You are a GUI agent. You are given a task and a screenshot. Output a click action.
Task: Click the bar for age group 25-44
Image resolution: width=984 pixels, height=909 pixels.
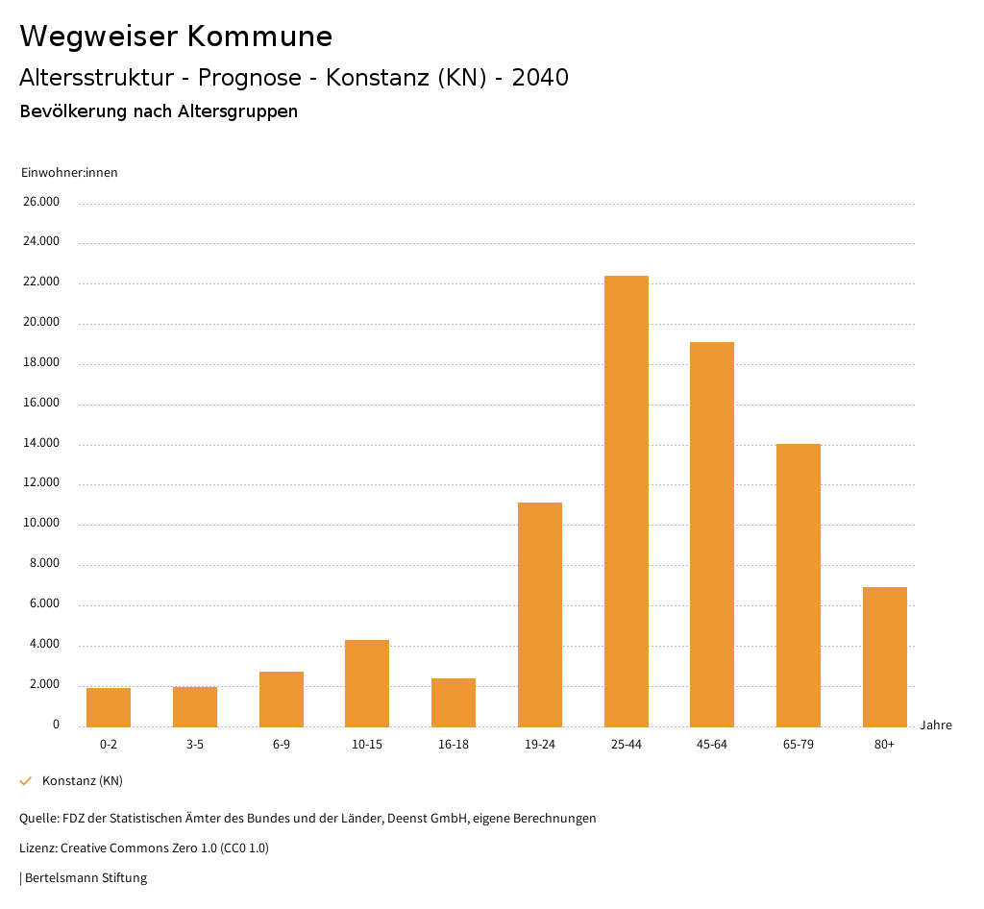click(x=626, y=501)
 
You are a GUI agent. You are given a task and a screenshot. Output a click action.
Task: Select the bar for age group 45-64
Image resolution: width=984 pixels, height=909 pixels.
click(x=712, y=534)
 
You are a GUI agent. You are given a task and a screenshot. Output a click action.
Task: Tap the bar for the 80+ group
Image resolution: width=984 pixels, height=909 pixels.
click(x=884, y=656)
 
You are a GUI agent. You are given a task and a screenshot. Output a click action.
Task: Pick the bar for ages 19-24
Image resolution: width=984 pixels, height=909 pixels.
click(x=540, y=614)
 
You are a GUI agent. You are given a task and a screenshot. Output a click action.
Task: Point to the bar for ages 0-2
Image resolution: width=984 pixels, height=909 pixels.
click(x=109, y=707)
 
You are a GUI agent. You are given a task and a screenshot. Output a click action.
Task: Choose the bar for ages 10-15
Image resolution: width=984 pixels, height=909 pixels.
click(x=367, y=683)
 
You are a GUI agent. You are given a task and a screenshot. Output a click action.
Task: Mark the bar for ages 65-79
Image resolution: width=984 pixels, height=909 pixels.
click(x=799, y=585)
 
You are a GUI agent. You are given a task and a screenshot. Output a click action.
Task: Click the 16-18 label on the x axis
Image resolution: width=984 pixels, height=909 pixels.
click(x=454, y=745)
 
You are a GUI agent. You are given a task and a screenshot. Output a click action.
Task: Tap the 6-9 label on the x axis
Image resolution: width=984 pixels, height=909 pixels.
click(x=282, y=745)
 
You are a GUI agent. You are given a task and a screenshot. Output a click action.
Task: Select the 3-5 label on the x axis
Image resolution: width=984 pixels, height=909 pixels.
click(x=195, y=745)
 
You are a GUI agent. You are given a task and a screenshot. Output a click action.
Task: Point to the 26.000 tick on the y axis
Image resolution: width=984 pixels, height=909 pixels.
click(x=41, y=202)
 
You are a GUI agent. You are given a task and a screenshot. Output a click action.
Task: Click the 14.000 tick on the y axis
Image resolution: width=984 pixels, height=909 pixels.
click(x=41, y=443)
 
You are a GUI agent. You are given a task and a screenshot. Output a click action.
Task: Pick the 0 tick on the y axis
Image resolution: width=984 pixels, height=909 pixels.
click(x=56, y=725)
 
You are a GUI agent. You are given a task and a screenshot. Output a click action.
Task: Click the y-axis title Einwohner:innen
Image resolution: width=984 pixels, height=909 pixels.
click(x=69, y=173)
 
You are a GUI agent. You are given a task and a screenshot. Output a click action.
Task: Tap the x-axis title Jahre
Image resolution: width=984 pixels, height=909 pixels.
click(x=936, y=725)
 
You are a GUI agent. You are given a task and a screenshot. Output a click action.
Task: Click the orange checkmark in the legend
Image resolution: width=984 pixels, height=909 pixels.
click(x=26, y=780)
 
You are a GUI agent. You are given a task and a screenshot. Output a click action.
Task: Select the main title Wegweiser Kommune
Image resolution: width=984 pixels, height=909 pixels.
click(x=176, y=37)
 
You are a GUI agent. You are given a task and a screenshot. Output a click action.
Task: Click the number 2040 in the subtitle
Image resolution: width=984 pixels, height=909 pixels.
click(x=540, y=78)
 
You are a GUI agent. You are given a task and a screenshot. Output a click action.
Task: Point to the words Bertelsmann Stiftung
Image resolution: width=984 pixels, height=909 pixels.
click(x=86, y=877)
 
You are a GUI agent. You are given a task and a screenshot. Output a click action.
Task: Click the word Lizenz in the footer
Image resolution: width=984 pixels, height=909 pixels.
click(x=37, y=848)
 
